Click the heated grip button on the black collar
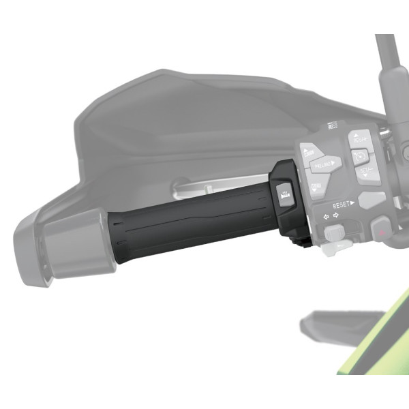pos(284,193)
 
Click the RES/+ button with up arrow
pos(360,142)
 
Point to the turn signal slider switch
pos(333,233)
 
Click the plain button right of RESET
pos(372,200)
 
